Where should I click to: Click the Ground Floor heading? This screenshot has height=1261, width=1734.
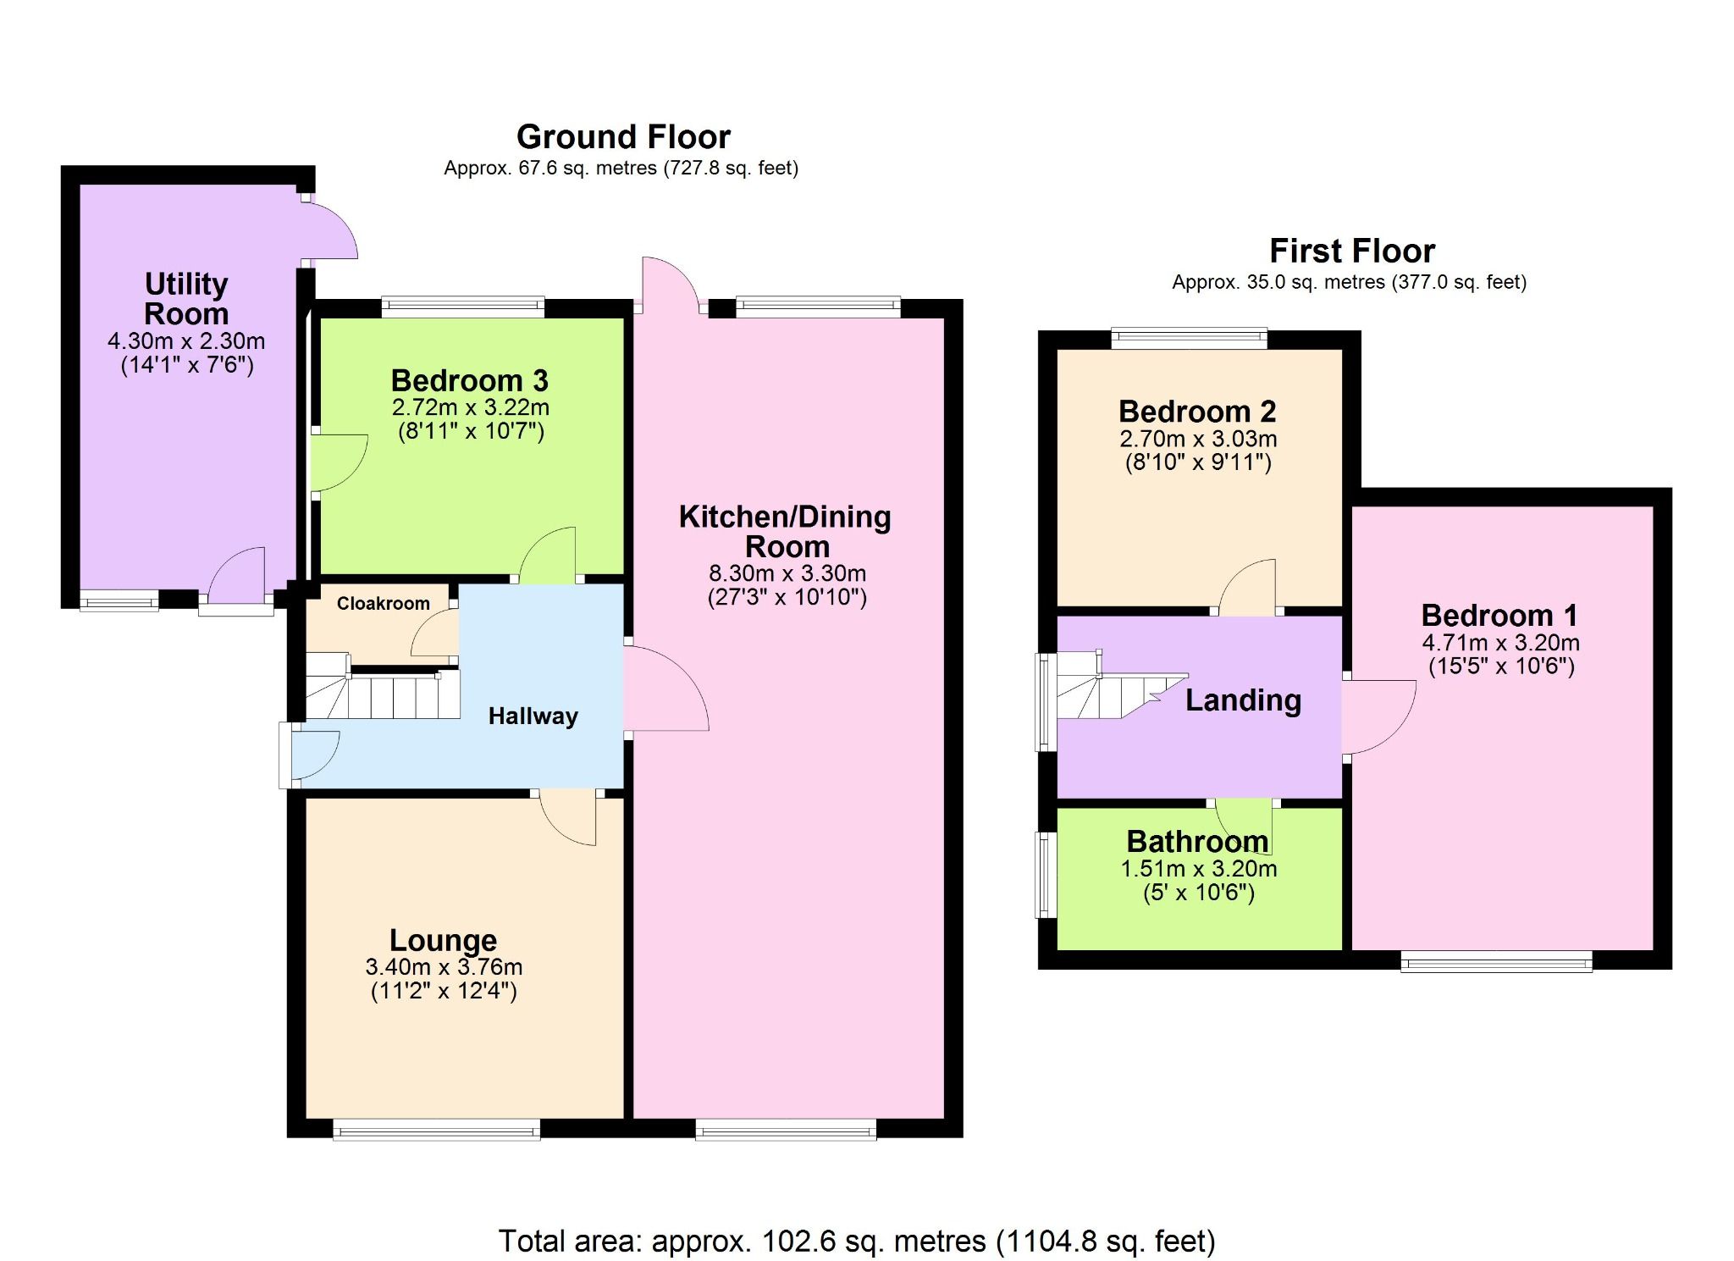623,137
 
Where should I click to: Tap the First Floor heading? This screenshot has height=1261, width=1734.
1351,252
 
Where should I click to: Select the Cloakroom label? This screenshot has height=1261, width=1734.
383,604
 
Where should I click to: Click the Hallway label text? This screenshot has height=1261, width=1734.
533,716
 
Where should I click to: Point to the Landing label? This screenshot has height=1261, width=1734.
1242,700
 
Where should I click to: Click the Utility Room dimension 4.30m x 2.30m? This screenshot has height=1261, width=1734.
186,341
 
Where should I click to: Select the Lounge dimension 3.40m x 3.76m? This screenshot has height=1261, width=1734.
444,966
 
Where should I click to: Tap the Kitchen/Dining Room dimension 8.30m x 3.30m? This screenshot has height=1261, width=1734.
787,573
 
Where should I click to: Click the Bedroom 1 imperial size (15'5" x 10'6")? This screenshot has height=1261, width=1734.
1501,666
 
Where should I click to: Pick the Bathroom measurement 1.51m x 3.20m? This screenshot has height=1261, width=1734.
1198,869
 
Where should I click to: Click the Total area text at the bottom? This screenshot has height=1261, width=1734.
856,1241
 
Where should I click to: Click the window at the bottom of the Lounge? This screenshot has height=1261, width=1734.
436,1130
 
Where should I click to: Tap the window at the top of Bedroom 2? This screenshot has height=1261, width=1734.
1189,339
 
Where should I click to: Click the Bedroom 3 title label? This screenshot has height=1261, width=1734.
469,381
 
